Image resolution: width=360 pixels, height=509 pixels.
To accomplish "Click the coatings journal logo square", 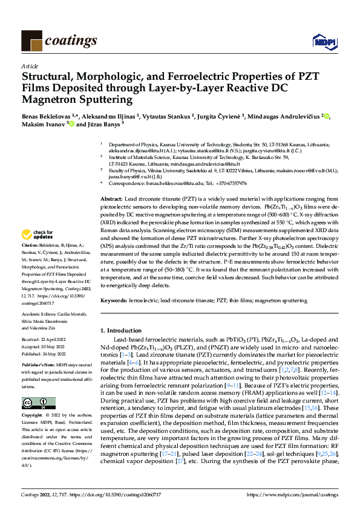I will [31, 40].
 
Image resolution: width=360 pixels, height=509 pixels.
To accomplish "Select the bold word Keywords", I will [113, 300].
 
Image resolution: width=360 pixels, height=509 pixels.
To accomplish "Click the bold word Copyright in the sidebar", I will [32, 400].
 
